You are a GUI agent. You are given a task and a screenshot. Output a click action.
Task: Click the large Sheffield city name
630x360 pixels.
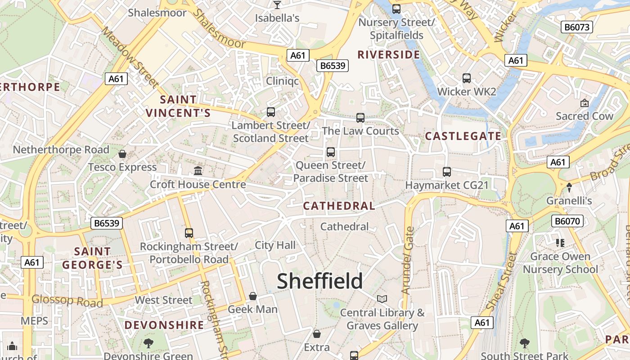[319, 281]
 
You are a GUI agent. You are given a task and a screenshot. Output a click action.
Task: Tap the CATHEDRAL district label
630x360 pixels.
[339, 206]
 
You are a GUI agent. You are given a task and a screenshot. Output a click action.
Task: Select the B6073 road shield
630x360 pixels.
[577, 27]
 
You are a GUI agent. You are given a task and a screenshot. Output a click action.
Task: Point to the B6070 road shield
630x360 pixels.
[567, 221]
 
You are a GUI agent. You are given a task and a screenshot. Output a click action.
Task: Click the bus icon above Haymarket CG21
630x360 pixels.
[447, 171]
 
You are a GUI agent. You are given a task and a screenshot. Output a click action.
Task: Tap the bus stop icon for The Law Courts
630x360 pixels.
[360, 118]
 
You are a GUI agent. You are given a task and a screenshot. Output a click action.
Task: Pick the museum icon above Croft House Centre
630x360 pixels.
[198, 171]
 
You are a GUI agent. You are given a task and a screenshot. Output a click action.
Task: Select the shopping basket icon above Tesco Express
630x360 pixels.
[122, 154]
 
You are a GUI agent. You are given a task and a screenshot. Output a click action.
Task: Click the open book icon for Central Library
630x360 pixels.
[382, 299]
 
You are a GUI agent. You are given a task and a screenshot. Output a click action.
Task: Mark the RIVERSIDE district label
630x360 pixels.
[389, 55]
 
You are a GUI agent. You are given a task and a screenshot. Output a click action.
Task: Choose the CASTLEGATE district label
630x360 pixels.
[463, 136]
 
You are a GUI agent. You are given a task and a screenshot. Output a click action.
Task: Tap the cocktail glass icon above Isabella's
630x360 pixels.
[277, 5]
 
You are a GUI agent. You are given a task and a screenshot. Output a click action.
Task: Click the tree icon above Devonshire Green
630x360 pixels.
[148, 343]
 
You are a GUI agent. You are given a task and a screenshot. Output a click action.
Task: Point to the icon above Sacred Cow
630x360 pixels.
[584, 103]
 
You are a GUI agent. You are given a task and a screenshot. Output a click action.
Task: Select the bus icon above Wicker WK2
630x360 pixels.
[467, 78]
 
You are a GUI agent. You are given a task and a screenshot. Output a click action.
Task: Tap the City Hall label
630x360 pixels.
[275, 245]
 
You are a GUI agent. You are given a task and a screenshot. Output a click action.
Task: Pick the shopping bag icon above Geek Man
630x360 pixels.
[253, 296]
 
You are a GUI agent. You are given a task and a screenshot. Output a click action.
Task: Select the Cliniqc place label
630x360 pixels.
[282, 81]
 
